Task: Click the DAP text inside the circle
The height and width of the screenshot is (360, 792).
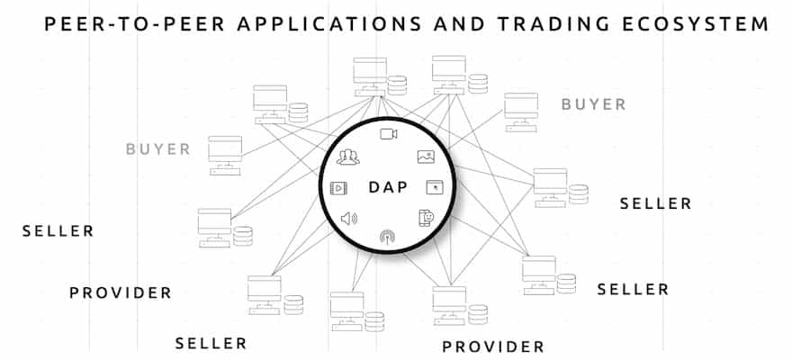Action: click(388, 188)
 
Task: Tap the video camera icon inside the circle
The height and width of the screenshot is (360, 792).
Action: click(388, 134)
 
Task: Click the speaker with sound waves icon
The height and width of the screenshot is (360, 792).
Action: click(349, 218)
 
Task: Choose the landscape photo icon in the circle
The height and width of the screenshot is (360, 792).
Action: click(427, 157)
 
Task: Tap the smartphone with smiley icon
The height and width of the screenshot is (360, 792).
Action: click(427, 217)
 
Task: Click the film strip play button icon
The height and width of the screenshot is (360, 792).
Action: click(339, 188)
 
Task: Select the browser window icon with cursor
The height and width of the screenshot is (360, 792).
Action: click(435, 187)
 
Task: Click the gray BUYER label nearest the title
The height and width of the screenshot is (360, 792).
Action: click(593, 104)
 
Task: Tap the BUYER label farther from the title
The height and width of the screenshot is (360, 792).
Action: click(157, 148)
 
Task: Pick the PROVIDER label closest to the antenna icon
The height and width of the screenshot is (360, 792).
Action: click(492, 346)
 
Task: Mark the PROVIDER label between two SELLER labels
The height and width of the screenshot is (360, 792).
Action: click(120, 292)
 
